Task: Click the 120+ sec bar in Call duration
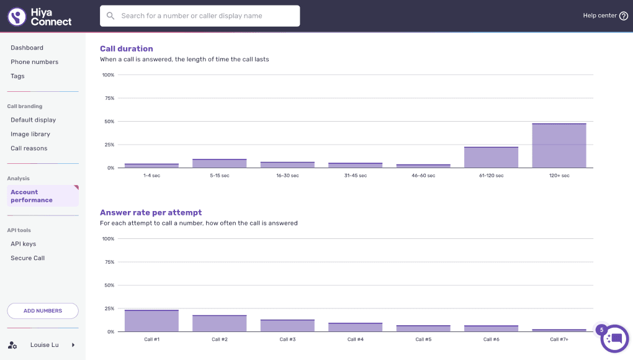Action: click(x=559, y=145)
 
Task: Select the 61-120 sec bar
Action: click(x=492, y=157)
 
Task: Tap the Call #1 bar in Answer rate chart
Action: click(x=152, y=320)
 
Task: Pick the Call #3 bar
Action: click(x=287, y=325)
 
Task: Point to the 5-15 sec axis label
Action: click(x=220, y=176)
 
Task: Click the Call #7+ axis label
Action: click(x=559, y=340)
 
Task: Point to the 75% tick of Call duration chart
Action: click(x=109, y=98)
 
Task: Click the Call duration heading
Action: click(x=127, y=48)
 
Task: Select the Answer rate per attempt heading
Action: click(x=151, y=212)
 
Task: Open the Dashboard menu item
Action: click(x=27, y=48)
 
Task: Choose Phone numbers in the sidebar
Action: click(x=34, y=61)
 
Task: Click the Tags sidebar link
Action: click(x=17, y=76)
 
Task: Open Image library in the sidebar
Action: click(x=30, y=134)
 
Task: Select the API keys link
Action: click(x=24, y=244)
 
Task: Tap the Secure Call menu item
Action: click(x=27, y=258)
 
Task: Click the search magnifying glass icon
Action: click(x=110, y=16)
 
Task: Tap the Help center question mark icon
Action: click(x=624, y=16)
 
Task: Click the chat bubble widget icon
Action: click(x=614, y=339)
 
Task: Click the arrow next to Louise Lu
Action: click(x=73, y=345)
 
